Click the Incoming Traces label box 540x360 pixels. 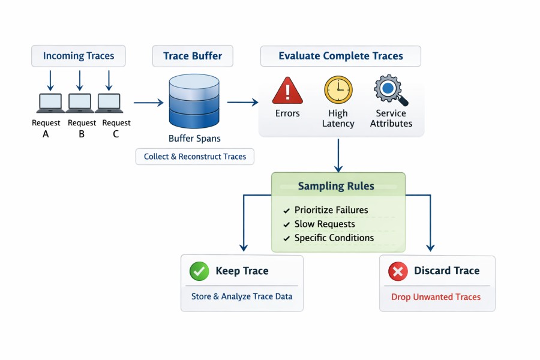pyautogui.click(x=79, y=56)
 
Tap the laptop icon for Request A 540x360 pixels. pyautogui.click(x=50, y=103)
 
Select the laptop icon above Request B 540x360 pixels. pyautogui.click(x=80, y=103)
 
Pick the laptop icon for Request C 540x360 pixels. pyautogui.click(x=109, y=103)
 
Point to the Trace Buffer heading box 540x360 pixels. pyautogui.click(x=193, y=56)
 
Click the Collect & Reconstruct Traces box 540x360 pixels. pyautogui.click(x=195, y=157)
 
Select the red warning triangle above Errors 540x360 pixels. pyautogui.click(x=287, y=91)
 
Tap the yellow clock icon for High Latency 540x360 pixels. pyautogui.click(x=338, y=90)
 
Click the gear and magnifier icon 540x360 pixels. pyautogui.click(x=391, y=91)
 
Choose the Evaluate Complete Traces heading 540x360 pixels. pyautogui.click(x=340, y=56)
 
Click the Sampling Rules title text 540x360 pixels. pyautogui.click(x=336, y=186)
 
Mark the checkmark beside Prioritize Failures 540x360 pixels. pyautogui.click(x=286, y=210)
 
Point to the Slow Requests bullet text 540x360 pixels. pyautogui.click(x=325, y=224)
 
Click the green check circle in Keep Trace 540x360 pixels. pyautogui.click(x=199, y=271)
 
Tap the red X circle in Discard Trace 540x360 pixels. pyautogui.click(x=398, y=271)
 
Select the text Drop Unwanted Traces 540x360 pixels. pyautogui.click(x=436, y=296)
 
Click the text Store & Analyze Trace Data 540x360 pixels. pyautogui.click(x=242, y=296)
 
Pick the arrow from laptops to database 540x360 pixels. pyautogui.click(x=148, y=103)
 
